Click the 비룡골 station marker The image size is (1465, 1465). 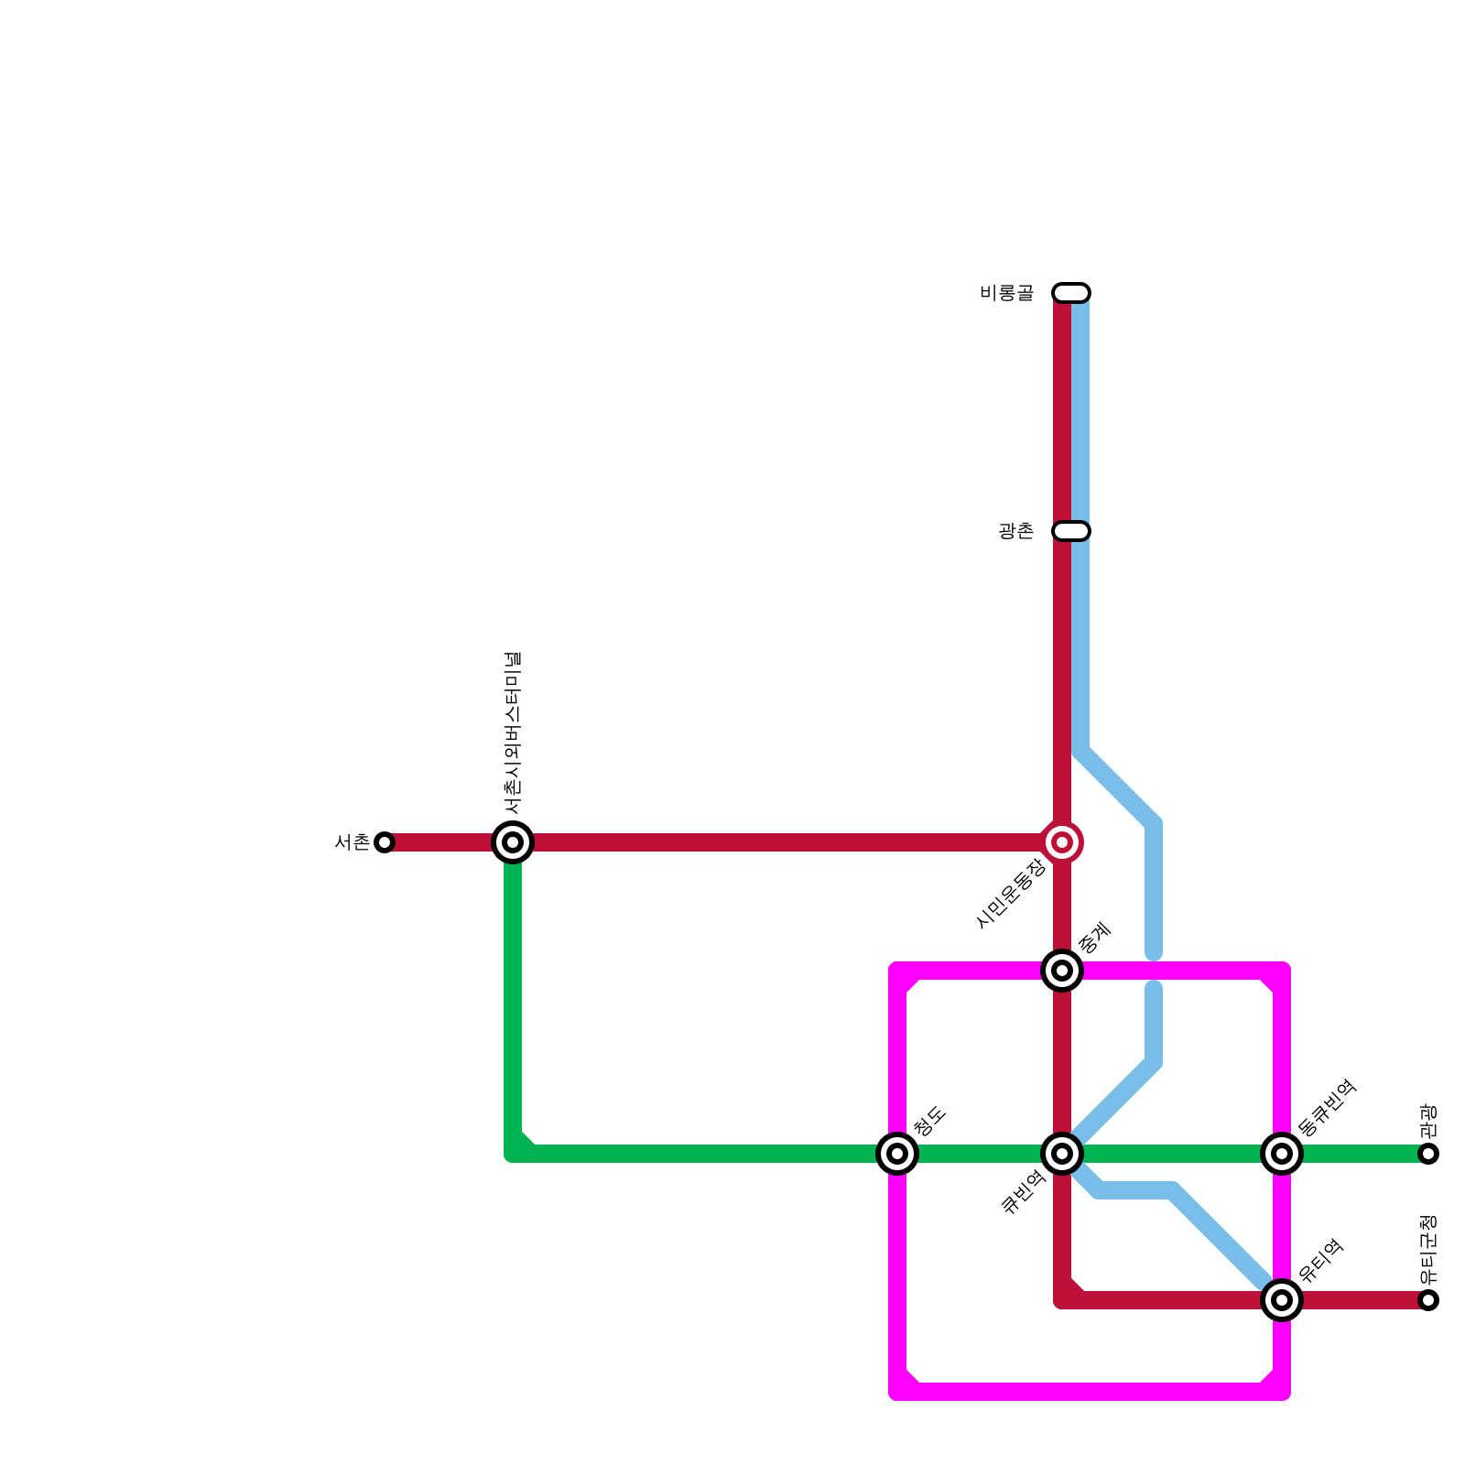(x=1071, y=293)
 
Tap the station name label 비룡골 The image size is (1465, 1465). (x=1006, y=293)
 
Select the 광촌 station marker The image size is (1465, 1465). (x=1071, y=531)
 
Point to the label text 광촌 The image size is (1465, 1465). (x=1015, y=531)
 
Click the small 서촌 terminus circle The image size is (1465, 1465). (x=385, y=842)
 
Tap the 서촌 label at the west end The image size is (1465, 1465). (x=352, y=842)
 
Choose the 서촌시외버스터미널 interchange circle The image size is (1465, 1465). (x=513, y=842)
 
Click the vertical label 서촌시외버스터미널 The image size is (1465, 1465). (x=513, y=732)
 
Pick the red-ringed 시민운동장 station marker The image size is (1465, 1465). (x=1062, y=842)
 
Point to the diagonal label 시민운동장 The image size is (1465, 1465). (x=1011, y=894)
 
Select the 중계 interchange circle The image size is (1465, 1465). (x=1062, y=971)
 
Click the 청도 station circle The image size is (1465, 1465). (x=897, y=1154)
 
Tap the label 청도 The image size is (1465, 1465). (x=929, y=1122)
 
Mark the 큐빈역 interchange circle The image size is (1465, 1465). (x=1062, y=1154)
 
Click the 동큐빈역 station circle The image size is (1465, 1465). (x=1282, y=1154)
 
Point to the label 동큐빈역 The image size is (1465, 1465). (x=1327, y=1109)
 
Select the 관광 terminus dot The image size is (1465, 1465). (x=1428, y=1154)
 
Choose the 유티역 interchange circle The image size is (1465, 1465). (x=1282, y=1300)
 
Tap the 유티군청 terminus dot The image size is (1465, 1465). (x=1428, y=1300)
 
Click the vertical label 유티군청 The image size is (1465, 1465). (x=1428, y=1250)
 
